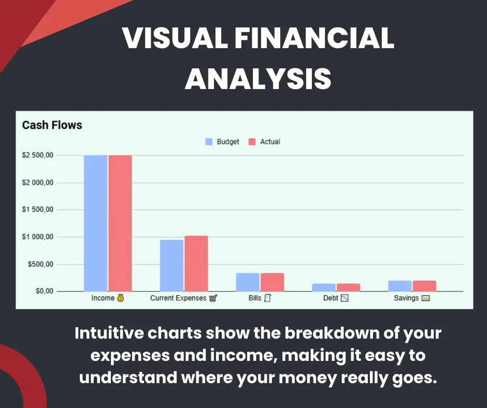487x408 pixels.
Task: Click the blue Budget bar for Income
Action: [96, 223]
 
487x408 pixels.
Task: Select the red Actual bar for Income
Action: [120, 223]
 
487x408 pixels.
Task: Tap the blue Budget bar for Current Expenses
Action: [172, 266]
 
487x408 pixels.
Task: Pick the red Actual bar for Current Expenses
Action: [196, 264]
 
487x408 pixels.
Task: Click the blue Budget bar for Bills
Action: [248, 282]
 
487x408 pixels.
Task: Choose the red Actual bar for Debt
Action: [349, 287]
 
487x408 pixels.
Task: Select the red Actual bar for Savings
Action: [425, 286]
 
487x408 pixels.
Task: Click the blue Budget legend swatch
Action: [209, 142]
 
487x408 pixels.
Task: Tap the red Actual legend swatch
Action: [252, 142]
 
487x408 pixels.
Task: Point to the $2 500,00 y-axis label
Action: [38, 155]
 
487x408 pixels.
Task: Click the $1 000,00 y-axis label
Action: [38, 237]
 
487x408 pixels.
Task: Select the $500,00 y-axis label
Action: [41, 264]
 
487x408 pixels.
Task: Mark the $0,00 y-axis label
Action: [45, 292]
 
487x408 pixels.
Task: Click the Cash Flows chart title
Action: [52, 125]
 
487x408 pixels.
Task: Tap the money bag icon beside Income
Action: [121, 298]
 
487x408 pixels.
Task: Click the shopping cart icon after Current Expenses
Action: [213, 298]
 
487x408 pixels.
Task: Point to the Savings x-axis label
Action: [406, 298]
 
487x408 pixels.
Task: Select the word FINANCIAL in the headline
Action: [314, 38]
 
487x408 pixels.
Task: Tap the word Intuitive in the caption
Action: [109, 333]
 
